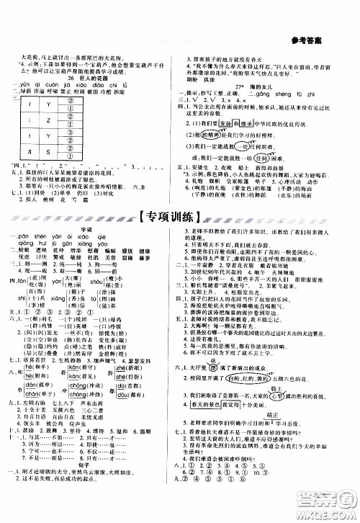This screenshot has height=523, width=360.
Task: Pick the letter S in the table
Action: [x=48, y=151]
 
